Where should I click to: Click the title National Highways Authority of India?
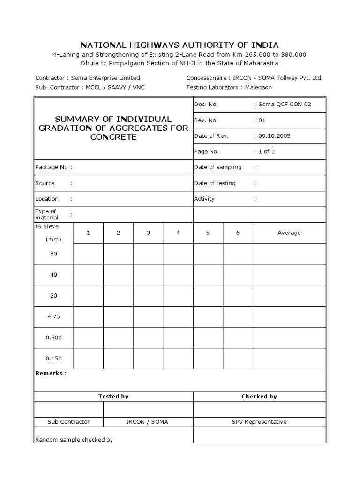click(180, 45)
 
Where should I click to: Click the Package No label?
click(53, 167)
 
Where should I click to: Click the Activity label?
click(204, 199)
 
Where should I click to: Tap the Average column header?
click(289, 232)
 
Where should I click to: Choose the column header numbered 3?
click(148, 232)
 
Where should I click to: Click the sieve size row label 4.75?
click(53, 316)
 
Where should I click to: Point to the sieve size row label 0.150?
click(53, 359)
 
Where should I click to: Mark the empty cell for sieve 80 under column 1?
click(88, 254)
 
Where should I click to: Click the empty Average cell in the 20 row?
click(289, 296)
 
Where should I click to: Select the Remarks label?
click(51, 374)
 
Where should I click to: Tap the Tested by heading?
click(113, 397)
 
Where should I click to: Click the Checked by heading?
click(259, 397)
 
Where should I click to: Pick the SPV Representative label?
click(259, 422)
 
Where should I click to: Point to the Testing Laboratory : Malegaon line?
click(229, 87)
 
